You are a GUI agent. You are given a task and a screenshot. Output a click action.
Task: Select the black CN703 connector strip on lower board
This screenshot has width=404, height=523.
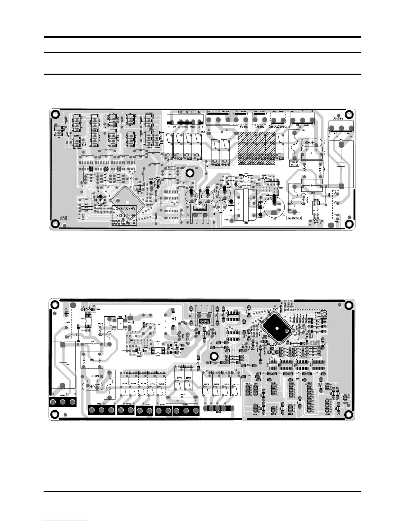point(218,409)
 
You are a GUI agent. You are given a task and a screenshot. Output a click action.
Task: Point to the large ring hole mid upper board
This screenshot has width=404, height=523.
point(190,173)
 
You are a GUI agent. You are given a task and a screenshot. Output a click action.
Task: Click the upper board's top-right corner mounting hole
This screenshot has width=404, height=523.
point(349,115)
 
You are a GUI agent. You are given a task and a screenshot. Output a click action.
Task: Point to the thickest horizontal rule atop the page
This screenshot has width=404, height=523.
point(202,37)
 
